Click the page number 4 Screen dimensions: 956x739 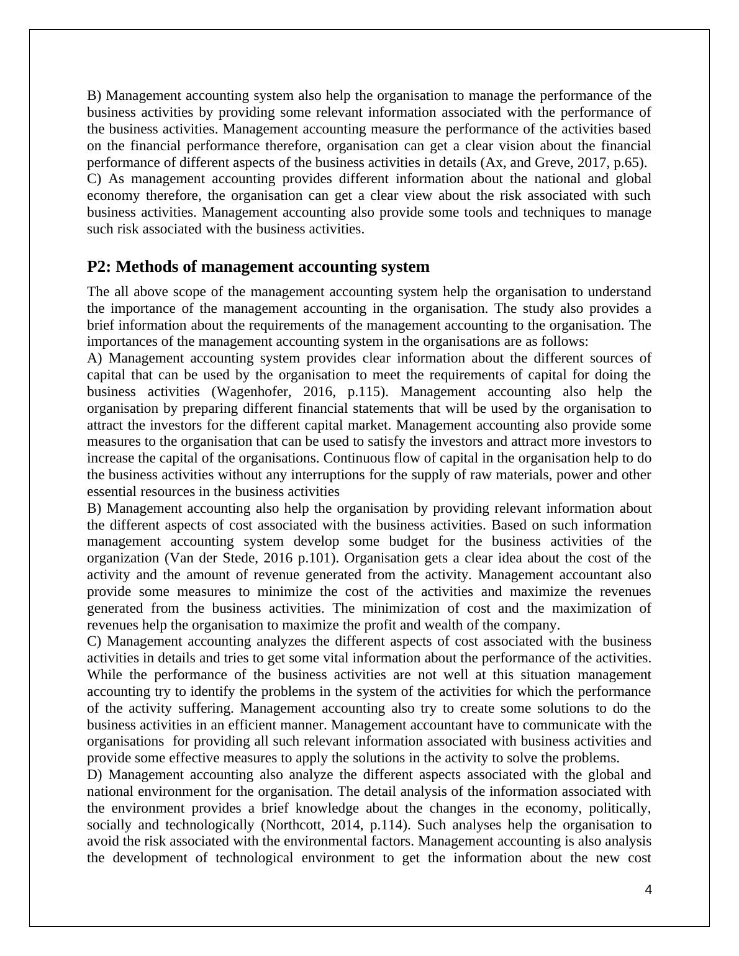pos(648,890)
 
